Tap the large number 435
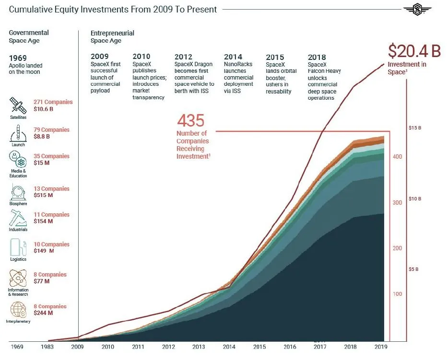coord(191,121)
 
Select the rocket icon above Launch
coord(18,132)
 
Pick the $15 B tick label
coord(414,128)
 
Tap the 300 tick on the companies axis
coord(398,203)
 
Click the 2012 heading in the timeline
coord(184,57)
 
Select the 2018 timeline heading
coord(317,57)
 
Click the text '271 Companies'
coord(53,102)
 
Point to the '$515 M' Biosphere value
coord(43,196)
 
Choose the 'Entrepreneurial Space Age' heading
coord(112,37)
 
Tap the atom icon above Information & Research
coord(18,278)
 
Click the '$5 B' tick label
coord(413,269)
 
